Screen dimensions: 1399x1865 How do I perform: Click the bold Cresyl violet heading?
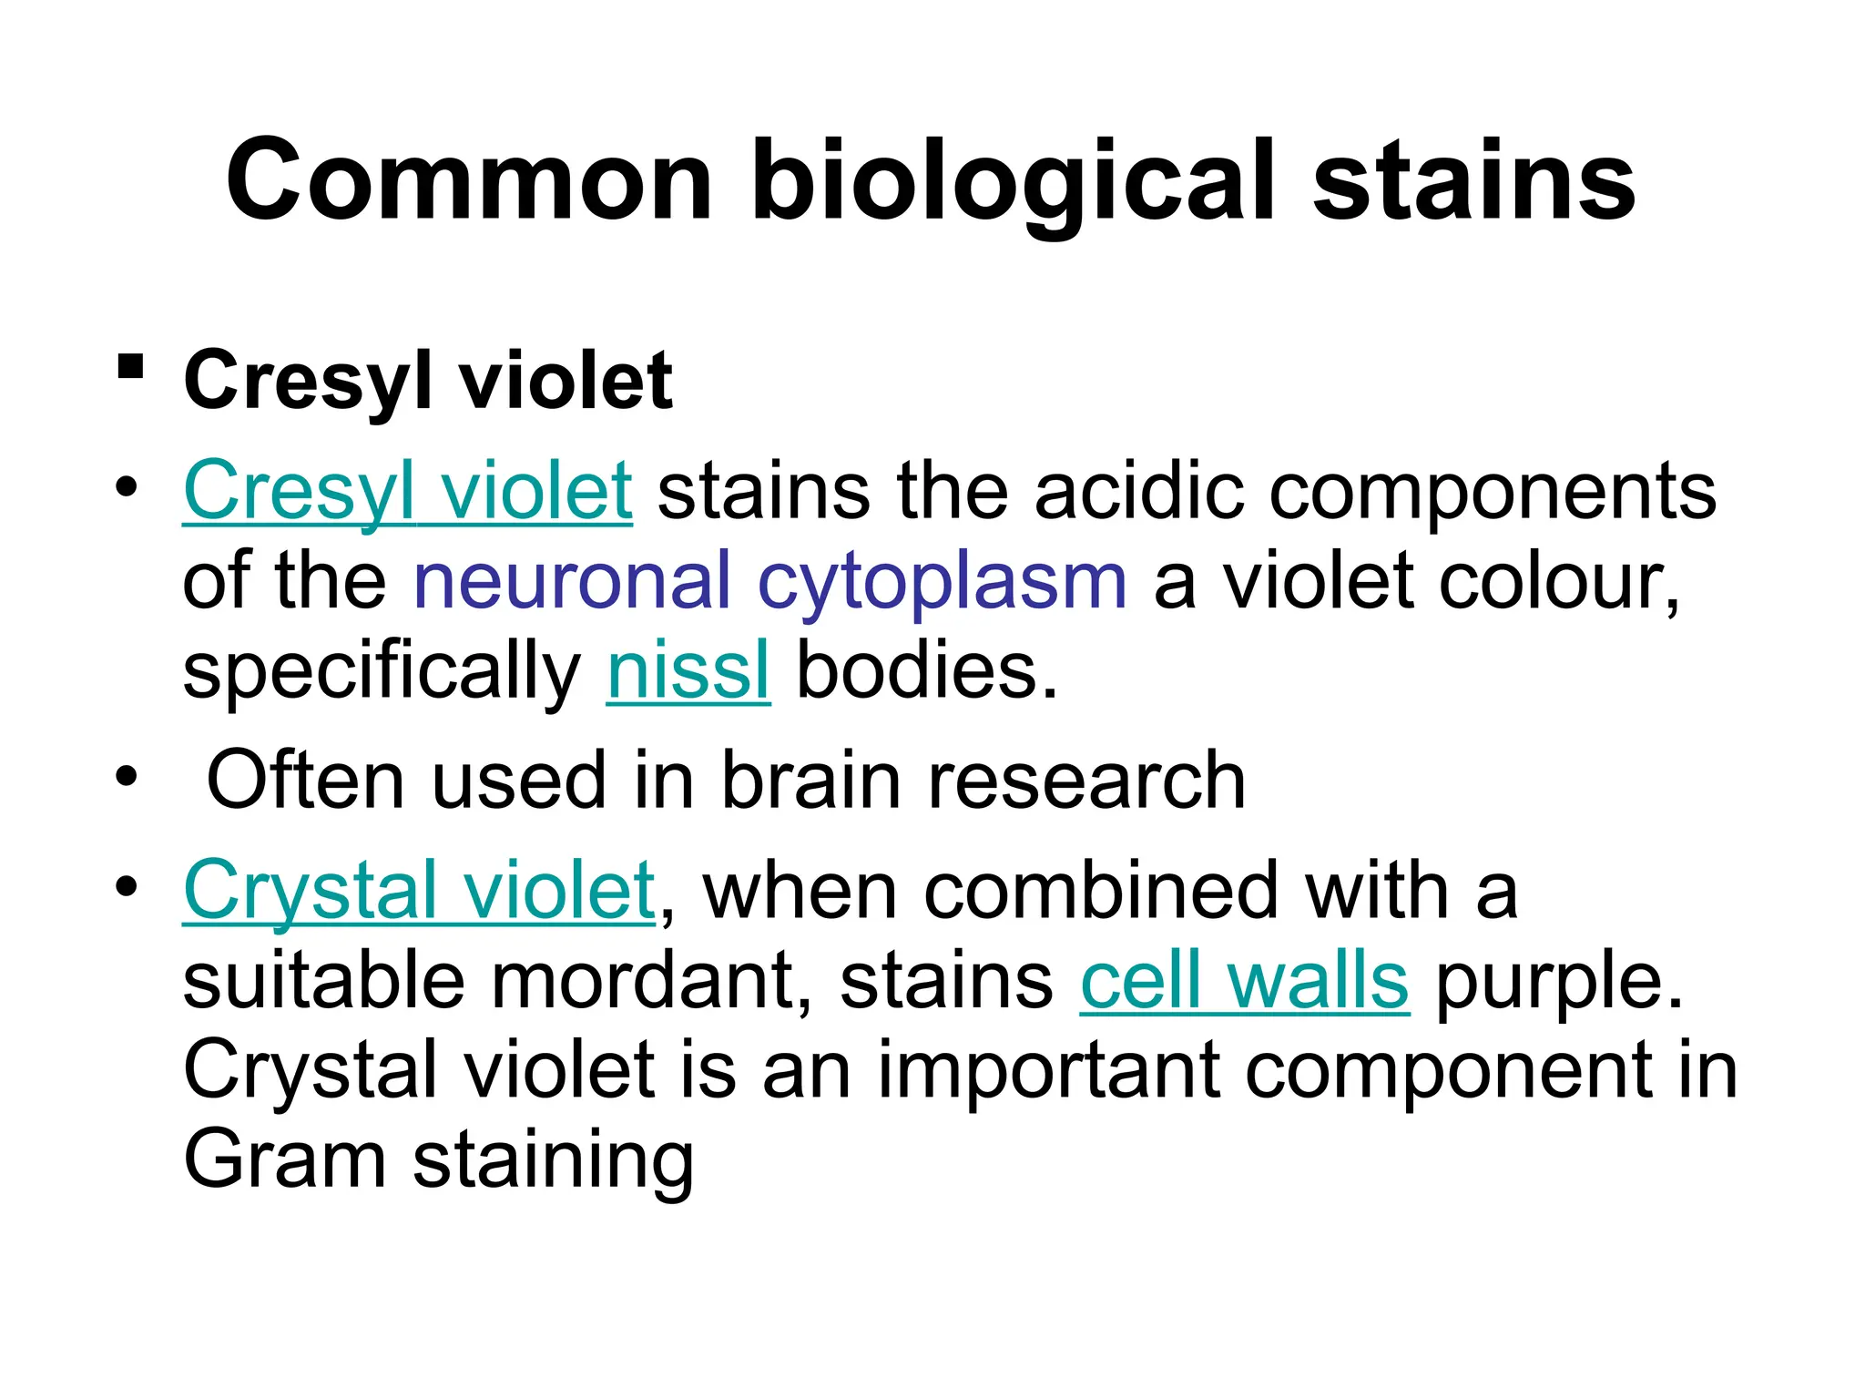pos(428,381)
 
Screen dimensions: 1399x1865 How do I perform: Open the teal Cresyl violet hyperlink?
pos(407,492)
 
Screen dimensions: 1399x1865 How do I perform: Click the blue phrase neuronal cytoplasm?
pos(769,581)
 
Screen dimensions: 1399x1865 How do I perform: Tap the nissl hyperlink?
pos(688,671)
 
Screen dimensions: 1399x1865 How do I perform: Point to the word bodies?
pos(927,671)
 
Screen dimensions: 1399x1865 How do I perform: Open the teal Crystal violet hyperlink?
pos(419,890)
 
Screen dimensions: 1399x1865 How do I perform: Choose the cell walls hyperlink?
pos(1244,981)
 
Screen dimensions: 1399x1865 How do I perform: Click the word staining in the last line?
pos(554,1161)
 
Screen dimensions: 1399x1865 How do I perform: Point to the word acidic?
pos(1138,492)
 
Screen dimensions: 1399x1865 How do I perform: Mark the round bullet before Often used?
pos(127,779)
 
